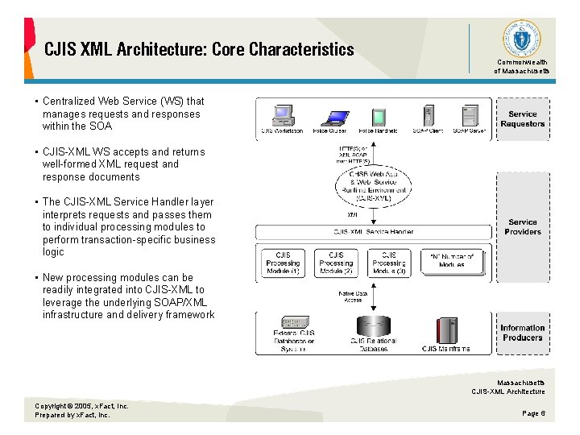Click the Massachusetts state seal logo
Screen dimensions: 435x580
tap(521, 39)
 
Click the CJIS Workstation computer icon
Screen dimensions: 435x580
tap(282, 114)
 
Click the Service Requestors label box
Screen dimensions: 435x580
tap(522, 119)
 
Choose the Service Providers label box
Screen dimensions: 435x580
tap(522, 226)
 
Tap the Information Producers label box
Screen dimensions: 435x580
tap(522, 333)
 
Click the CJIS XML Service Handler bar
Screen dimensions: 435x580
tap(374, 232)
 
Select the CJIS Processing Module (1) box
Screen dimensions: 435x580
tap(283, 263)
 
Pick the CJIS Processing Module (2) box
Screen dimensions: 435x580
tap(336, 263)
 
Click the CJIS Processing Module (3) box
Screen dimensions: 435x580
tap(389, 263)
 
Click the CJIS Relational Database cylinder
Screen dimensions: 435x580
tap(373, 327)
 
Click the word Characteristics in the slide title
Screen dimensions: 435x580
tap(301, 49)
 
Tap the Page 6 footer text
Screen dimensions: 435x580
tap(533, 412)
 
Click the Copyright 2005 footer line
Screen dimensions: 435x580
tap(81, 406)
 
